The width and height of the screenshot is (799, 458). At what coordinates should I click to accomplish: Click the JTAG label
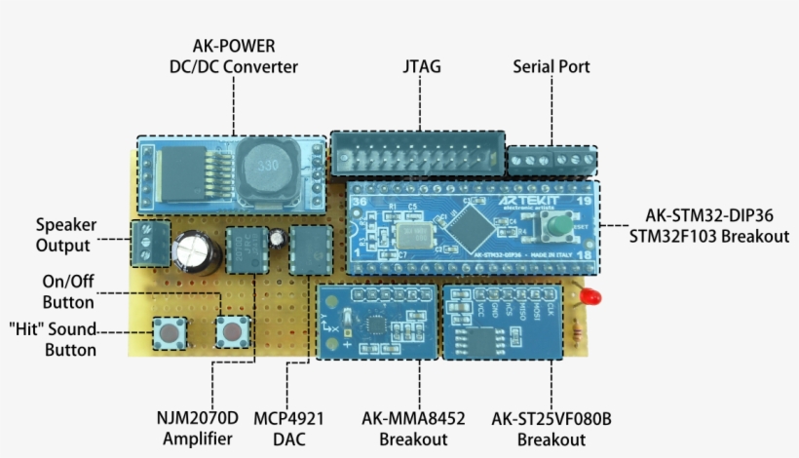tap(421, 67)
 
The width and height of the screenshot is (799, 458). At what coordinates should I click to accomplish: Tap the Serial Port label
tap(552, 67)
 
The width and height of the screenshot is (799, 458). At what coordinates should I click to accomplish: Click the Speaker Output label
tap(63, 235)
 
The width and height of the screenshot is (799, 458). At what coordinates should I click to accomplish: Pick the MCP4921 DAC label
tap(288, 429)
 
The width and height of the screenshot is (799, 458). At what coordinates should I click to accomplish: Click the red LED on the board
tap(587, 296)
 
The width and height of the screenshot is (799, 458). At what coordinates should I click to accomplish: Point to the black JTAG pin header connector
tap(418, 154)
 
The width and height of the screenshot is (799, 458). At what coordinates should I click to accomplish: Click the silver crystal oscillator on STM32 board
tap(406, 237)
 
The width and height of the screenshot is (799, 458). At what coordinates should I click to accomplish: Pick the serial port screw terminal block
tap(552, 159)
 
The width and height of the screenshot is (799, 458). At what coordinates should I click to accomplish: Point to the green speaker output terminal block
tap(149, 242)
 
